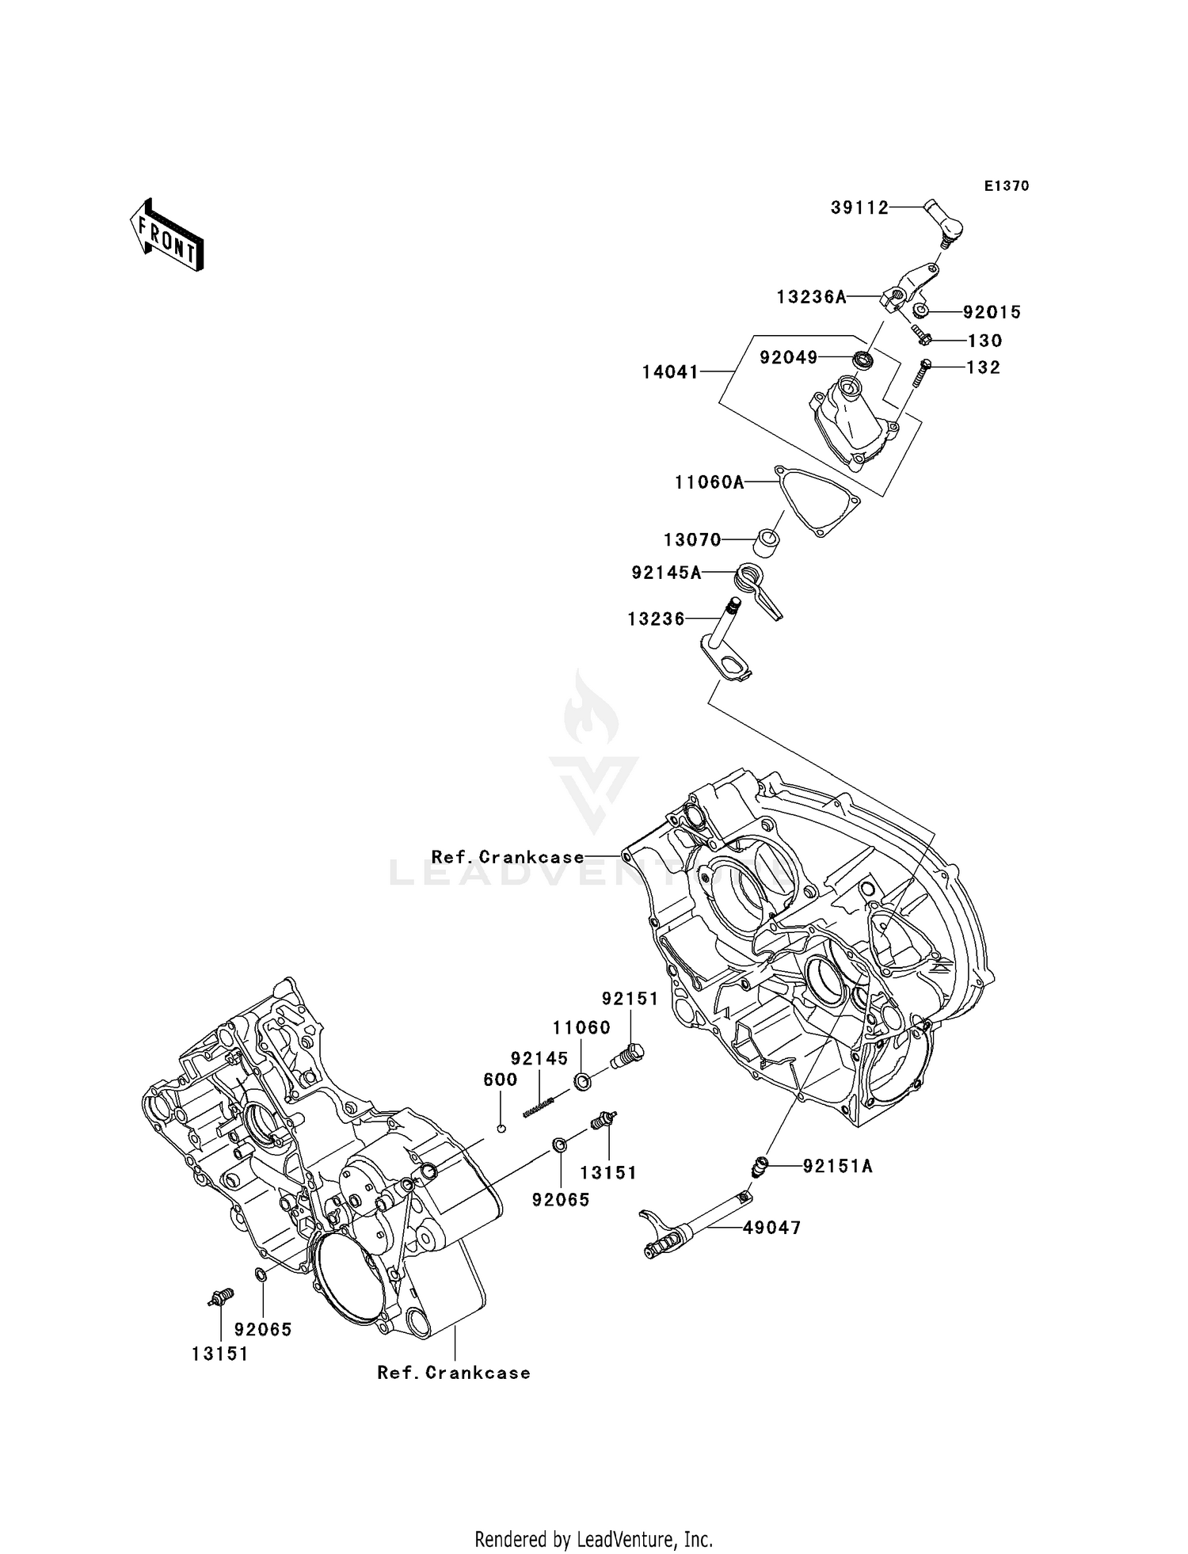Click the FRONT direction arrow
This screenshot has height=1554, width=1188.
click(166, 236)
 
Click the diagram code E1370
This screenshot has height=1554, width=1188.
click(1006, 186)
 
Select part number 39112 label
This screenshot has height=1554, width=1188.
click(859, 208)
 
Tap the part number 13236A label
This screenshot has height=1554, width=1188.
click(811, 297)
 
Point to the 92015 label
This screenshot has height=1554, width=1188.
click(992, 312)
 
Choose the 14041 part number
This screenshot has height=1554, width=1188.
click(670, 371)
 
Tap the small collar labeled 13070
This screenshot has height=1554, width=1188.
click(765, 547)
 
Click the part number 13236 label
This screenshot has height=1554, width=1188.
click(656, 619)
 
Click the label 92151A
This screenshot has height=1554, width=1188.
click(837, 1166)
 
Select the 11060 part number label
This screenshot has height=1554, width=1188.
click(581, 1028)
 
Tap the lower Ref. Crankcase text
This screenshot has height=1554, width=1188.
click(454, 1373)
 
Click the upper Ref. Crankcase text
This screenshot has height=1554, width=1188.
click(508, 857)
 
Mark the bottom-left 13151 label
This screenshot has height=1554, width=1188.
click(219, 1354)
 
